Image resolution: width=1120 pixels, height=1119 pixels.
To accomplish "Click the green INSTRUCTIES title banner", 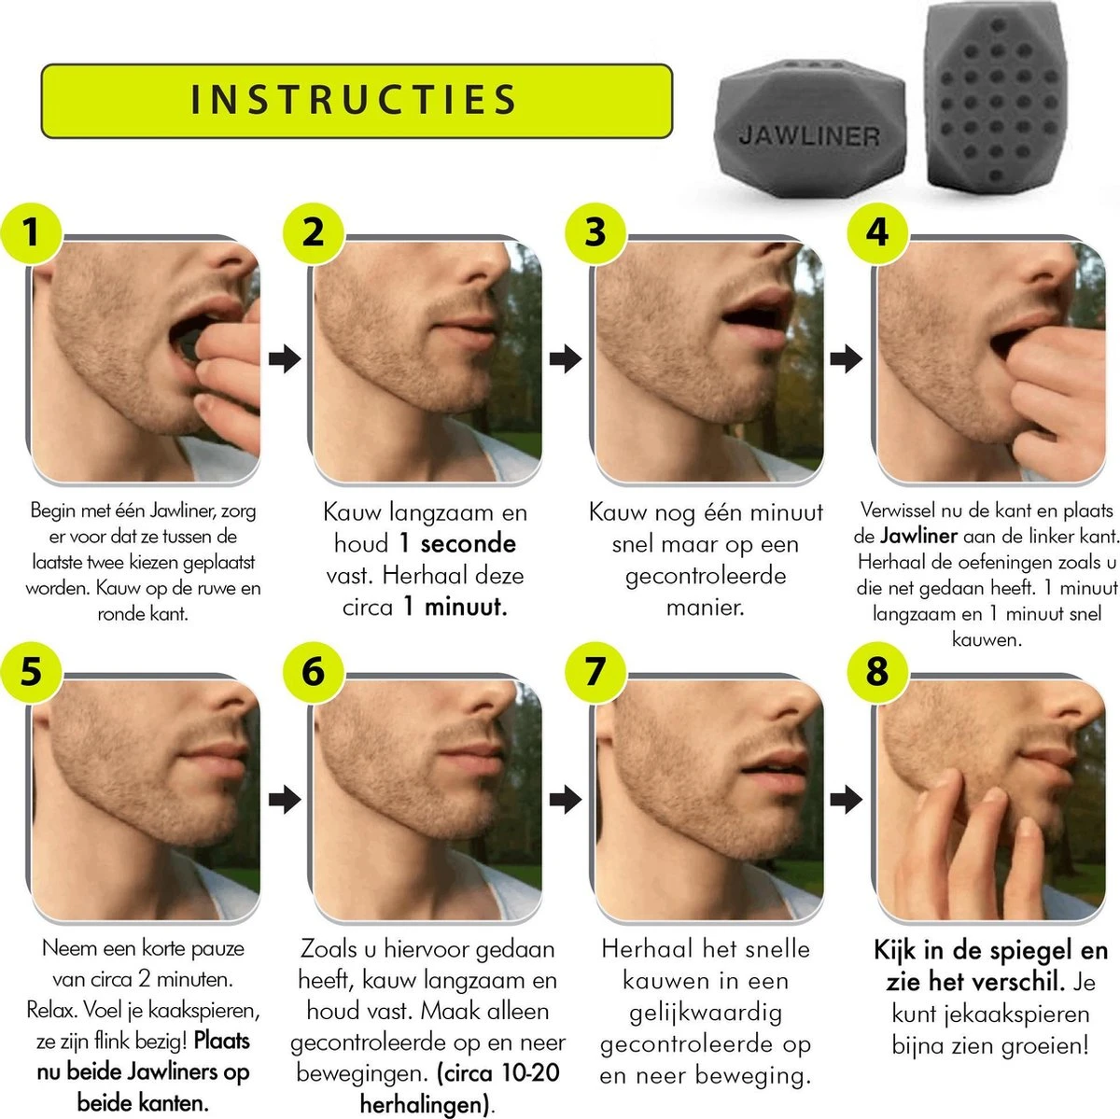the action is click(x=357, y=101).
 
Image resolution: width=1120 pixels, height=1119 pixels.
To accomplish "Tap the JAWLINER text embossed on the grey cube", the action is click(x=809, y=136).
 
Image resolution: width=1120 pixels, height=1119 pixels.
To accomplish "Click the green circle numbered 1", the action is click(x=32, y=233).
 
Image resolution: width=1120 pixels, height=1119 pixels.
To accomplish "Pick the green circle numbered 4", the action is click(x=877, y=233).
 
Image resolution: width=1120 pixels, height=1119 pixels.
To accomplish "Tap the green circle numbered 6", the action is click(x=314, y=672).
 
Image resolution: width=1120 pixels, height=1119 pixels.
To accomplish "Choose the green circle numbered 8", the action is click(x=877, y=672).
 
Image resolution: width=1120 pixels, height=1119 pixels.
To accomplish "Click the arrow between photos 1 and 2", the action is click(x=285, y=358).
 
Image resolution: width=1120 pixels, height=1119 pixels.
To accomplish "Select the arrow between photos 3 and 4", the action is click(x=847, y=358).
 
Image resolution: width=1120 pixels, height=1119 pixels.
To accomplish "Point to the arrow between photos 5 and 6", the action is click(x=285, y=799).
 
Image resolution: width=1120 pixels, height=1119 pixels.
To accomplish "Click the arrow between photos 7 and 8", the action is click(x=847, y=799).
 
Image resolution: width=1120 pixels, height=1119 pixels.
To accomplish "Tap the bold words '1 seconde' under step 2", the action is click(x=457, y=543).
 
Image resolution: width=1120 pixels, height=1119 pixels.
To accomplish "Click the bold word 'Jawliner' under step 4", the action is click(x=918, y=536).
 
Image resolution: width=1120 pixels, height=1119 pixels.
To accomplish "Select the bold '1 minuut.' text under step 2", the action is click(x=455, y=607).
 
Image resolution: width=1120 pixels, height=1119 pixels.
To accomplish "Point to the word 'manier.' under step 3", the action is click(x=705, y=608).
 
